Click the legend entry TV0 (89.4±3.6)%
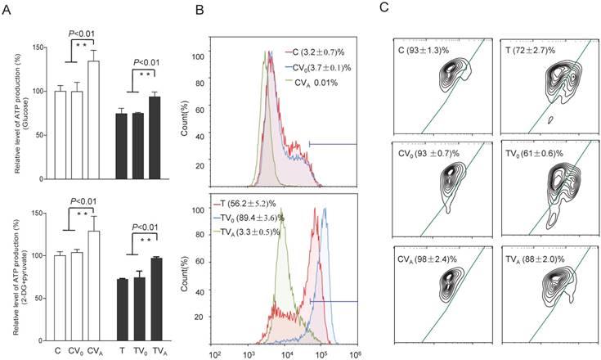tap(273, 218)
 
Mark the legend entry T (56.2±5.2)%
tap(271, 202)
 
